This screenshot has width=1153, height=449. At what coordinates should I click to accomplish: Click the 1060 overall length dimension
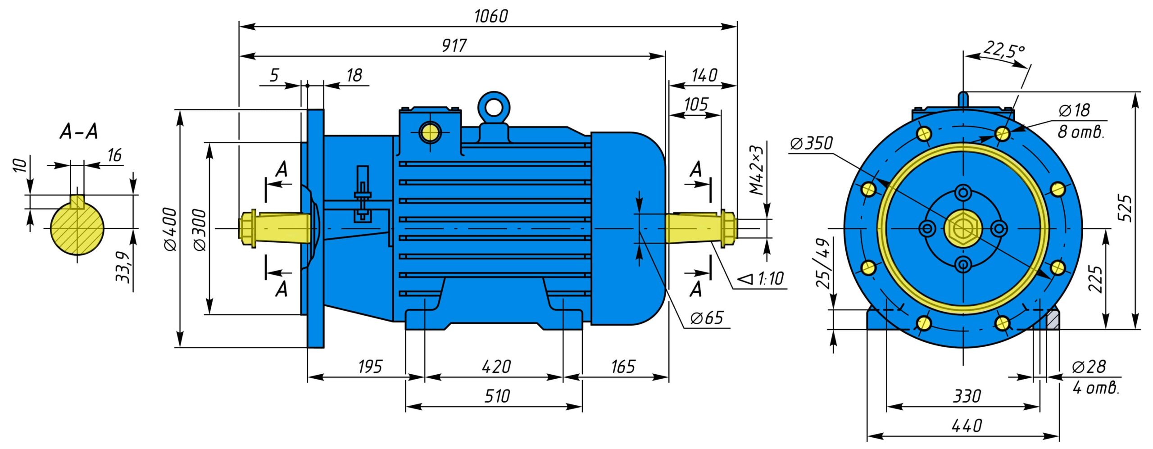[491, 16]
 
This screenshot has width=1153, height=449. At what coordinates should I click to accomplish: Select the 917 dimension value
[454, 45]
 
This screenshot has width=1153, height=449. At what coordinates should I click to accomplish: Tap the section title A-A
[79, 132]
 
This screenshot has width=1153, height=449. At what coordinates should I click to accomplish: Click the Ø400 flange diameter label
[171, 229]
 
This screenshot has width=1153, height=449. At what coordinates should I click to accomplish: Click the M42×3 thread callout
[757, 170]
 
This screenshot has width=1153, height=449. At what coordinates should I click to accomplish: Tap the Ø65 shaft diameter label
[707, 318]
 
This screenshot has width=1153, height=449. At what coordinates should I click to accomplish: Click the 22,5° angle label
[1004, 50]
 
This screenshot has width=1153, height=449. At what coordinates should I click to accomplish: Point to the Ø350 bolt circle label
[812, 143]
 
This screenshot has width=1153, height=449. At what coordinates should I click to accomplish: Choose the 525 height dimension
[1125, 208]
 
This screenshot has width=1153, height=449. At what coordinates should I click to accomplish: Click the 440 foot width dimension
[967, 425]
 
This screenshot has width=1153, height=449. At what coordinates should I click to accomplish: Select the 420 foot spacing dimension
[496, 367]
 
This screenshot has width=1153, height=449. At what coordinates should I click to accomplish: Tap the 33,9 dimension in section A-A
[123, 267]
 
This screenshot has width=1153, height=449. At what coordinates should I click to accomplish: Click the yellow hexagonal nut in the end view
[963, 229]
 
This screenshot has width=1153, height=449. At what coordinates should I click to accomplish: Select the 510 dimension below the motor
[497, 396]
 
